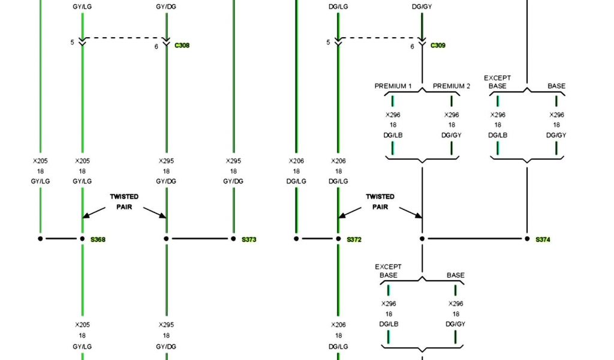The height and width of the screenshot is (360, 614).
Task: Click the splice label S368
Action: click(x=98, y=239)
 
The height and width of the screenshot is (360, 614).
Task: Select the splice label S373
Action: click(x=249, y=239)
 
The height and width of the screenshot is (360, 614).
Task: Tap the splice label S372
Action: click(x=354, y=239)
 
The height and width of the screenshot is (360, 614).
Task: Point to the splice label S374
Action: click(x=543, y=239)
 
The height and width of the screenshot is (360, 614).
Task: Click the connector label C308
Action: click(x=182, y=46)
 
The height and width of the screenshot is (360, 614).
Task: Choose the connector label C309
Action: click(x=438, y=46)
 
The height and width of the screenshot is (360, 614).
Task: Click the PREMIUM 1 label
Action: click(x=393, y=86)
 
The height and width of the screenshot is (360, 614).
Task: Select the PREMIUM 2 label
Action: click(x=452, y=86)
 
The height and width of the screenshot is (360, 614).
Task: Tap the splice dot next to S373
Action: click(x=234, y=239)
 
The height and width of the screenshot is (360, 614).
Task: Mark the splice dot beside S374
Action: click(x=528, y=239)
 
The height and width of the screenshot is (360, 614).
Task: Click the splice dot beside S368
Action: click(x=82, y=239)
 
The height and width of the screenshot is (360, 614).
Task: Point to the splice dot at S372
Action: click(x=338, y=239)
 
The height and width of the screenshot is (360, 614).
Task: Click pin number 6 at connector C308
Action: click(x=156, y=46)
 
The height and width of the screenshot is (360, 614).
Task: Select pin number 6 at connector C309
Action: click(x=412, y=46)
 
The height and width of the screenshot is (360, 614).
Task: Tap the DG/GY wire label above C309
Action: click(x=422, y=7)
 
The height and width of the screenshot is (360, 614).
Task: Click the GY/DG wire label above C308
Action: click(x=166, y=7)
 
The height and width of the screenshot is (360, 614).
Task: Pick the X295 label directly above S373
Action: click(x=233, y=161)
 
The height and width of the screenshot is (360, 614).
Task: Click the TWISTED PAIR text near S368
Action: click(x=124, y=202)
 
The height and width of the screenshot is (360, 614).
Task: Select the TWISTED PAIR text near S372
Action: click(x=380, y=202)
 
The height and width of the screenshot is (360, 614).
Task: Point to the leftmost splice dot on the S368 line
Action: click(x=41, y=239)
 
